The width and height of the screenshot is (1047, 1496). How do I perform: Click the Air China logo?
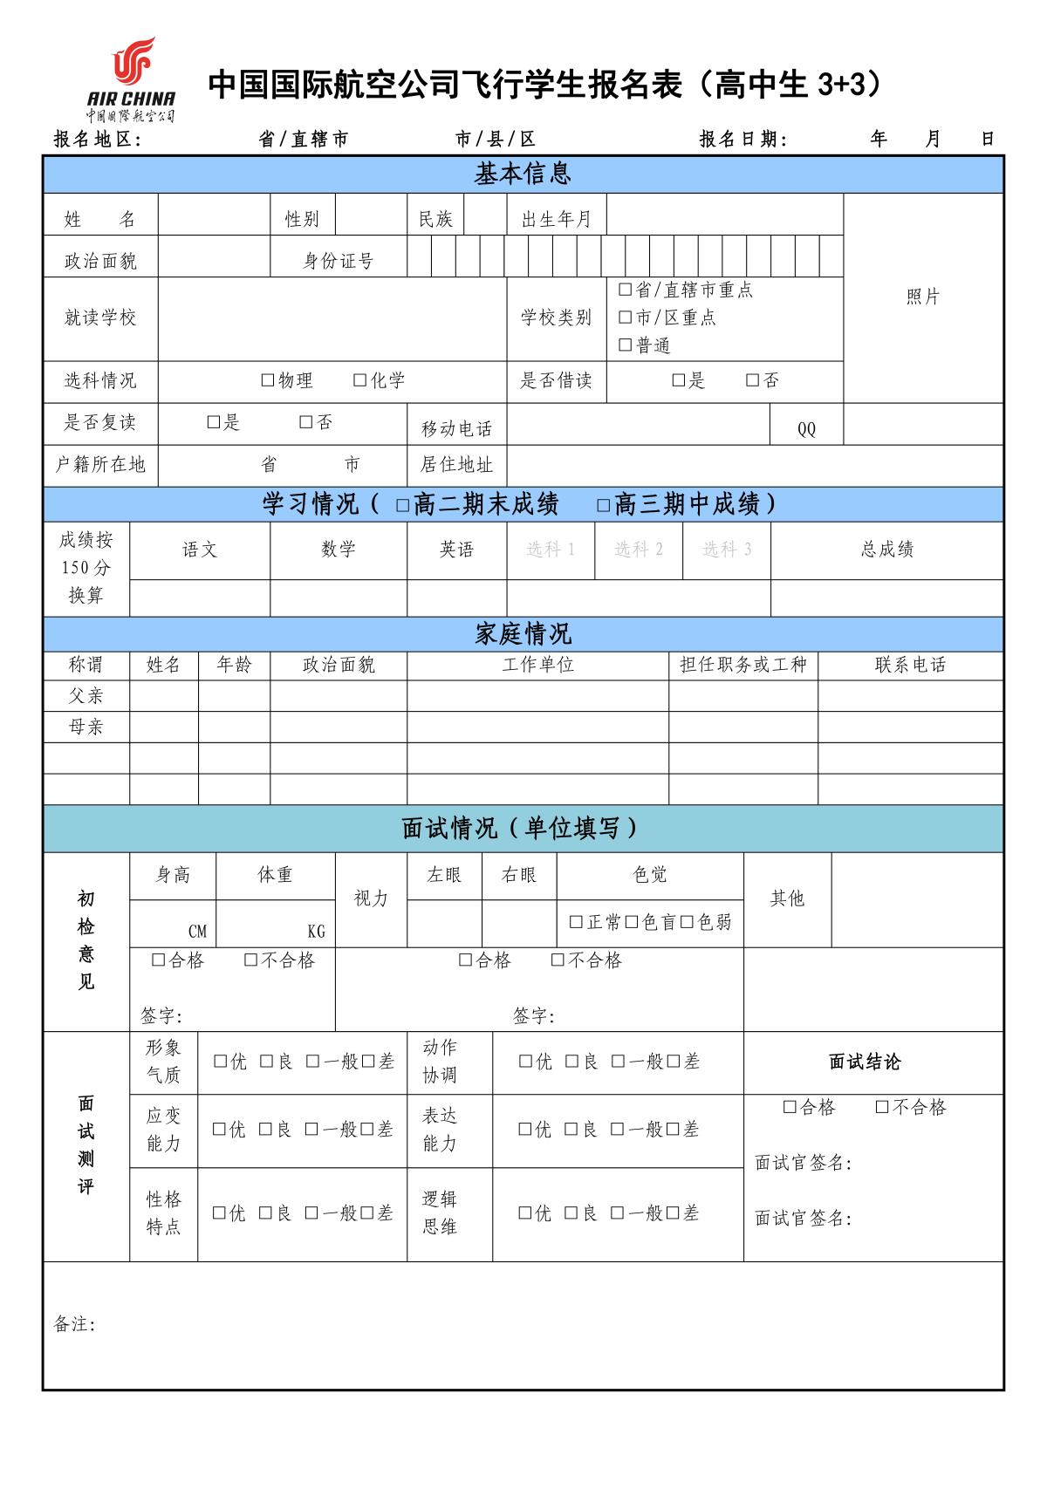132,79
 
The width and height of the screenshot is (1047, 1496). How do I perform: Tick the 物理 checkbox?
268,380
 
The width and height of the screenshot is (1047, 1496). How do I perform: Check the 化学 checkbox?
359,380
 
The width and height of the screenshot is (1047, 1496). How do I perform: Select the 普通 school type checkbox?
625,345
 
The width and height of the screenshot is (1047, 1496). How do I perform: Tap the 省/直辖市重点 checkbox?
625,290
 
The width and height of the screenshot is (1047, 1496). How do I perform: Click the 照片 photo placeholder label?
922,297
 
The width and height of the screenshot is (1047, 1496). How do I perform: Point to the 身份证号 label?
338,261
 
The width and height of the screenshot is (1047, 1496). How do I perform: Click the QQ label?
806,429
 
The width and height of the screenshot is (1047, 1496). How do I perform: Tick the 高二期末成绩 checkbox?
402,505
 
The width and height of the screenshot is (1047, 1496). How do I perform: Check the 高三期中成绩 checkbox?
603,505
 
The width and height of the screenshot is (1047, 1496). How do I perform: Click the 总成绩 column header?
886,550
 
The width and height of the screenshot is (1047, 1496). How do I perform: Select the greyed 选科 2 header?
638,550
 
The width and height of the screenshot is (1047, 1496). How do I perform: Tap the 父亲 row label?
86,696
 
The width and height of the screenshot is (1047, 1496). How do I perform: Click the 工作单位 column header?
537,665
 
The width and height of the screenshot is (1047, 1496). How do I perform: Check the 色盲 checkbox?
632,922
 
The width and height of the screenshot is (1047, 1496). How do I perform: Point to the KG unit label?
316,932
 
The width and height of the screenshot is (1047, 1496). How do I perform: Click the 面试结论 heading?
864,1062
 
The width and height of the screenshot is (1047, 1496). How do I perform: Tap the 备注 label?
74,1324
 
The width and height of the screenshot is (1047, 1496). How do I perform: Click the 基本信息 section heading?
523,174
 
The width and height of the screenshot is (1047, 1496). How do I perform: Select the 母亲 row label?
86,727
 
